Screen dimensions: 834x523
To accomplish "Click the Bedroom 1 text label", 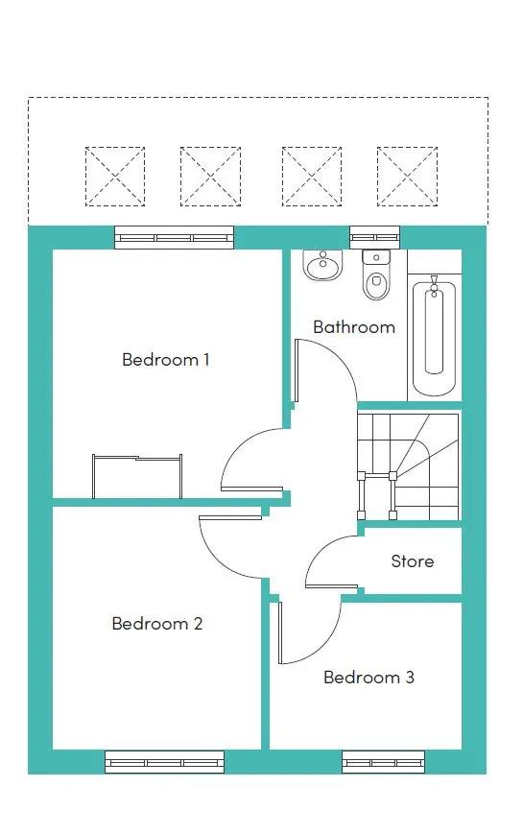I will click(166, 360).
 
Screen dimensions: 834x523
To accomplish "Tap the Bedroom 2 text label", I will click(157, 624).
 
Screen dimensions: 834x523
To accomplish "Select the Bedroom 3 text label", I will click(368, 678).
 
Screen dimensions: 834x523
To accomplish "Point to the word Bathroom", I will click(354, 327).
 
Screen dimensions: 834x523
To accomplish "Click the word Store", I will click(413, 561).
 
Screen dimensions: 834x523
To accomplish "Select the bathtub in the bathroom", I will click(435, 336).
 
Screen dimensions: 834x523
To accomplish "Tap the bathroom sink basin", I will click(322, 264).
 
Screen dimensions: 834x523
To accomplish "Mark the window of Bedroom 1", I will click(174, 238).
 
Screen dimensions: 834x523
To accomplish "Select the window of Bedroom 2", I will click(164, 762).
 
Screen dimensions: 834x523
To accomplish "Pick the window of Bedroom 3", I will click(383, 762).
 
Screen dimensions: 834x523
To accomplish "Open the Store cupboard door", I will click(331, 566).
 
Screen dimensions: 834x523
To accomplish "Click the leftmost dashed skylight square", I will click(115, 177).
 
